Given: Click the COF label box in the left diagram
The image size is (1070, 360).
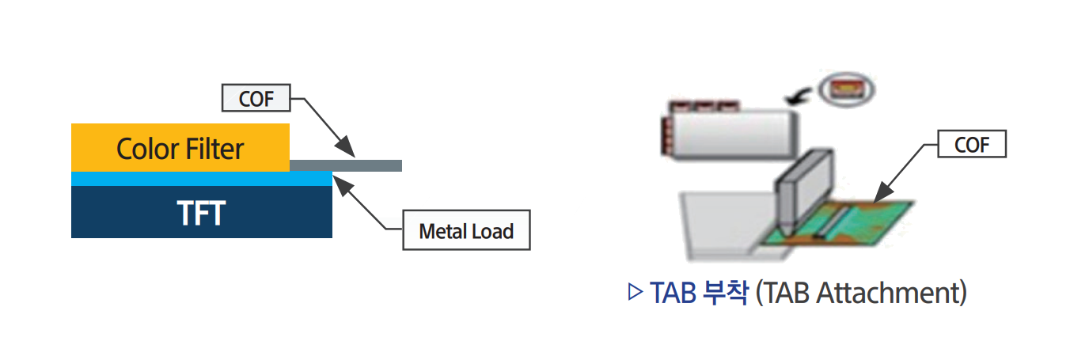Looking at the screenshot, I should click(256, 100).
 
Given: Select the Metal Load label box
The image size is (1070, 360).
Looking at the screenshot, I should click(466, 232).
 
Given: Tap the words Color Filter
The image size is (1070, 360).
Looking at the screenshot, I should click(180, 149).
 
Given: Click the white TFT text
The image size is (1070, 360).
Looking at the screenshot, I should click(201, 213).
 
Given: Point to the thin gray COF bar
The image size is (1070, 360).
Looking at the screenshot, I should click(372, 165).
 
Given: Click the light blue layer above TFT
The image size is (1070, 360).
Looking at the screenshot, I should click(201, 179).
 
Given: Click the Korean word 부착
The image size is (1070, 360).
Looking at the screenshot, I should click(724, 293).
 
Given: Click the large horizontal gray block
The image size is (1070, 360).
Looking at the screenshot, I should click(732, 132).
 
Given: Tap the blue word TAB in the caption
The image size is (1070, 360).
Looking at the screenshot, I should click(673, 293).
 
